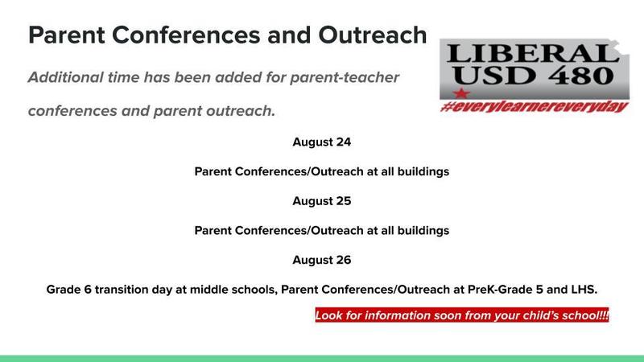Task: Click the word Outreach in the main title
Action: (373, 35)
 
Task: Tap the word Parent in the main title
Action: (67, 35)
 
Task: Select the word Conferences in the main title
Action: (186, 35)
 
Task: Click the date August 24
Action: (321, 142)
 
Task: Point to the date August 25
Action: (321, 201)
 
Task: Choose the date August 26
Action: (321, 260)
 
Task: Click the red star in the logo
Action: (460, 93)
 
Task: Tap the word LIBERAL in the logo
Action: (533, 54)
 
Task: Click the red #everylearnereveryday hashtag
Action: (535, 107)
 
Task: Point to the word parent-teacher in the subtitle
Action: (345, 77)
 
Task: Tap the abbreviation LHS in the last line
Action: (584, 290)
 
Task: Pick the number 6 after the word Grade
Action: (88, 290)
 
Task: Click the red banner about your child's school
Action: (462, 315)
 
